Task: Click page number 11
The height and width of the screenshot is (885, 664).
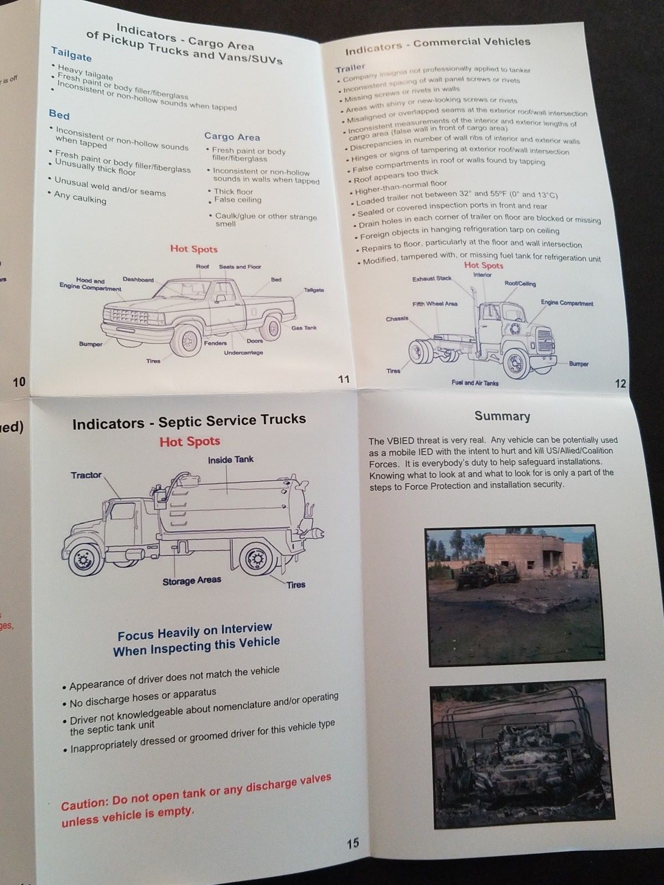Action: coord(344,379)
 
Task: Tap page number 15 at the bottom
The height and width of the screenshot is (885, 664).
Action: coord(353,843)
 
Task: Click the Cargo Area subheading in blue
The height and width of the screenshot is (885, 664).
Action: coord(232,137)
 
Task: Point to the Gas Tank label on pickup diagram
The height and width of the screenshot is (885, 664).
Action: coord(304,328)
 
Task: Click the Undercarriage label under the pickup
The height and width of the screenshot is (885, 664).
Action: coord(243,353)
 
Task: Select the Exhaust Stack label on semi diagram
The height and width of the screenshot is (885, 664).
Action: coord(432,279)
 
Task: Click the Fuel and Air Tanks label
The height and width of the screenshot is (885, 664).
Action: coord(475,383)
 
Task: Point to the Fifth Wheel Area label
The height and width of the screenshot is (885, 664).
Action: coord(434,304)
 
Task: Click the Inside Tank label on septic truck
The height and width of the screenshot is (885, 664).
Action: coord(231,460)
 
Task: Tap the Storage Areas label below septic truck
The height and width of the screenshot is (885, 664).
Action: coord(191,581)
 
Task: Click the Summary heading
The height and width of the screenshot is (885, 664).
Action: coord(502,416)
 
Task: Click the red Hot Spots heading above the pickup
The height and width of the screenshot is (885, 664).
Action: coord(194,249)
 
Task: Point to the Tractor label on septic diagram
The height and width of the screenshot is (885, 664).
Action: coord(86,475)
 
